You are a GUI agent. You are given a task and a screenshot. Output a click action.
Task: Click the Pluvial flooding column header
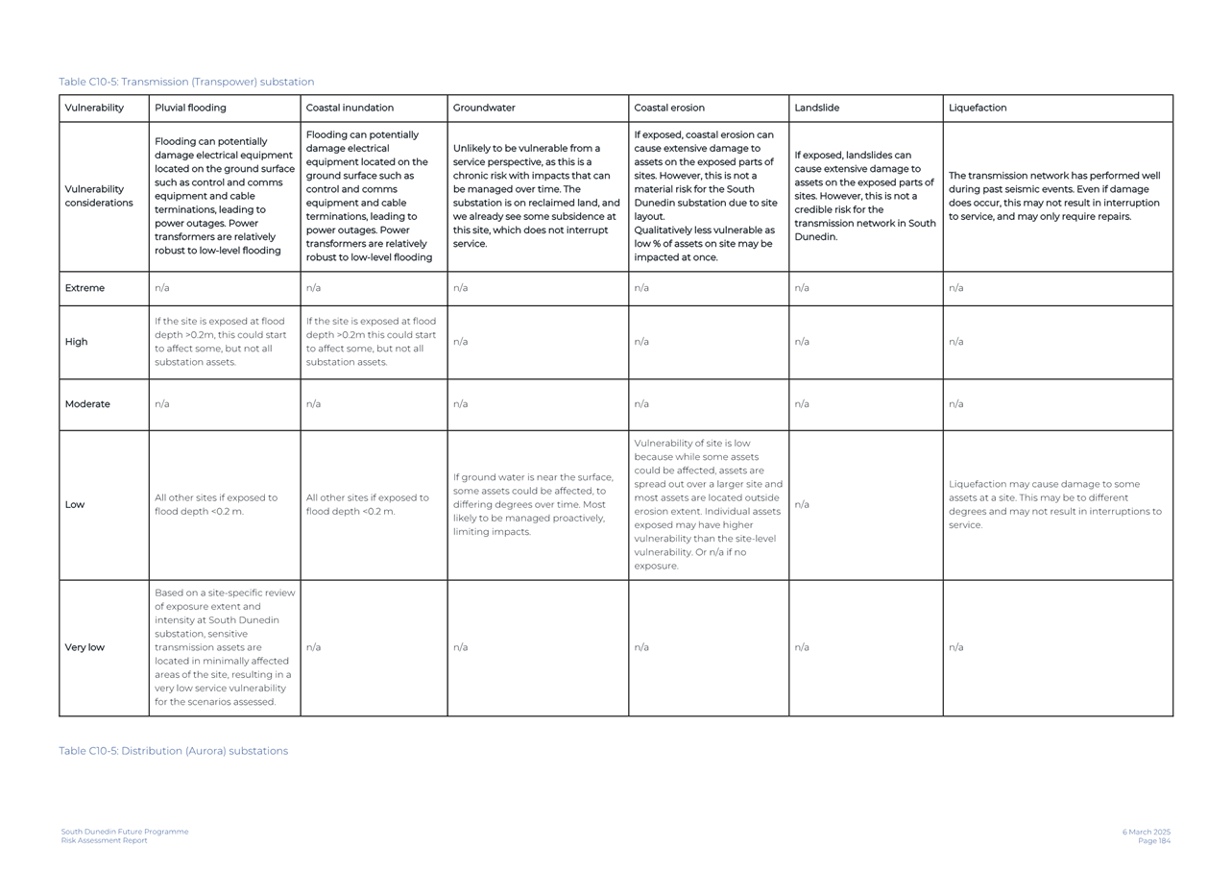click(x=190, y=108)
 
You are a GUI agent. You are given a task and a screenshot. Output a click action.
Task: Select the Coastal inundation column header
click(x=350, y=108)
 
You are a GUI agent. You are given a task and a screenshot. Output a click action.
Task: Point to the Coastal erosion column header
click(x=669, y=108)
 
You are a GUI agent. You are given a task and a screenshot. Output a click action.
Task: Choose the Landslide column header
click(x=816, y=108)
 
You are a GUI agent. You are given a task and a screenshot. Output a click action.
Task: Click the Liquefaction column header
click(x=978, y=108)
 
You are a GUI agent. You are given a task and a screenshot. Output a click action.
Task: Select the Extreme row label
click(x=85, y=288)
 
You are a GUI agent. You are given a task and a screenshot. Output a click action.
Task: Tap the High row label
click(x=76, y=342)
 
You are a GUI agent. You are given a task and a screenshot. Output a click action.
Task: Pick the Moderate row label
click(x=87, y=404)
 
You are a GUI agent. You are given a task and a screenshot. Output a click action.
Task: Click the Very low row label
click(x=85, y=647)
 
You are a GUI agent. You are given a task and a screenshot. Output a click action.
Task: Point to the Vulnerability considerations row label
click(x=98, y=196)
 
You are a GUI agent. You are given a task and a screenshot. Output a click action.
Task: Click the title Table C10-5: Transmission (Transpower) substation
click(x=186, y=82)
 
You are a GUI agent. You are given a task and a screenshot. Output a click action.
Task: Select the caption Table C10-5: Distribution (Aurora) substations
click(x=173, y=751)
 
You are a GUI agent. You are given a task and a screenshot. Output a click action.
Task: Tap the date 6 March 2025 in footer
click(x=1146, y=832)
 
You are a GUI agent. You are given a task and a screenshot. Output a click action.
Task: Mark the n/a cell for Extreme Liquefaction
click(x=955, y=288)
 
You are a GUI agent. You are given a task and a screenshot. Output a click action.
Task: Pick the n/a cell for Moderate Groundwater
click(x=460, y=404)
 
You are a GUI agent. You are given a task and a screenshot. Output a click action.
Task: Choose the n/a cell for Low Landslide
click(x=802, y=505)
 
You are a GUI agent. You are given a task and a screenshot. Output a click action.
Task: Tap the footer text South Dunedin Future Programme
click(x=125, y=832)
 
